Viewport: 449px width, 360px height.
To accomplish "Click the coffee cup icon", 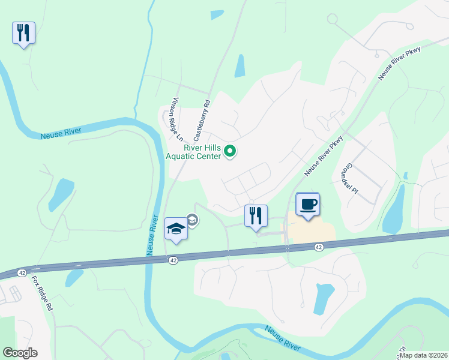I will [308, 205].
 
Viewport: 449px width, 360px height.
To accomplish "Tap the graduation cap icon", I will [176, 229].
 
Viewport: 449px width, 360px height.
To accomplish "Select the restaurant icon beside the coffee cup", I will [256, 216].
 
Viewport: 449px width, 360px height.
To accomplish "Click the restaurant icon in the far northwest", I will [23, 32].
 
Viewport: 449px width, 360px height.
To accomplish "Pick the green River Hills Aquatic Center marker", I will [230, 153].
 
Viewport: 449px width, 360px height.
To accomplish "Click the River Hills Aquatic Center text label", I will [194, 152].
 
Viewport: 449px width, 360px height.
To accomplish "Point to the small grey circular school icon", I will [193, 220].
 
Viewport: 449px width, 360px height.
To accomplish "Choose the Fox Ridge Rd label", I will [43, 293].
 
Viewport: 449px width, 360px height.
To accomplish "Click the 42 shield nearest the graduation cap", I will [173, 260].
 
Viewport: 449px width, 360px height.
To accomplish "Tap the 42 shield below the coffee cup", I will [318, 247].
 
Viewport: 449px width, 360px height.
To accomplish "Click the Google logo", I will [19, 352].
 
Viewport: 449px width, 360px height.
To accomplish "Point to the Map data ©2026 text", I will [423, 355].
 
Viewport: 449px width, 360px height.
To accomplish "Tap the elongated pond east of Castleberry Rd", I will [240, 66].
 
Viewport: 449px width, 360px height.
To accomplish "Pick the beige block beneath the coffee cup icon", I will [309, 231].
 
